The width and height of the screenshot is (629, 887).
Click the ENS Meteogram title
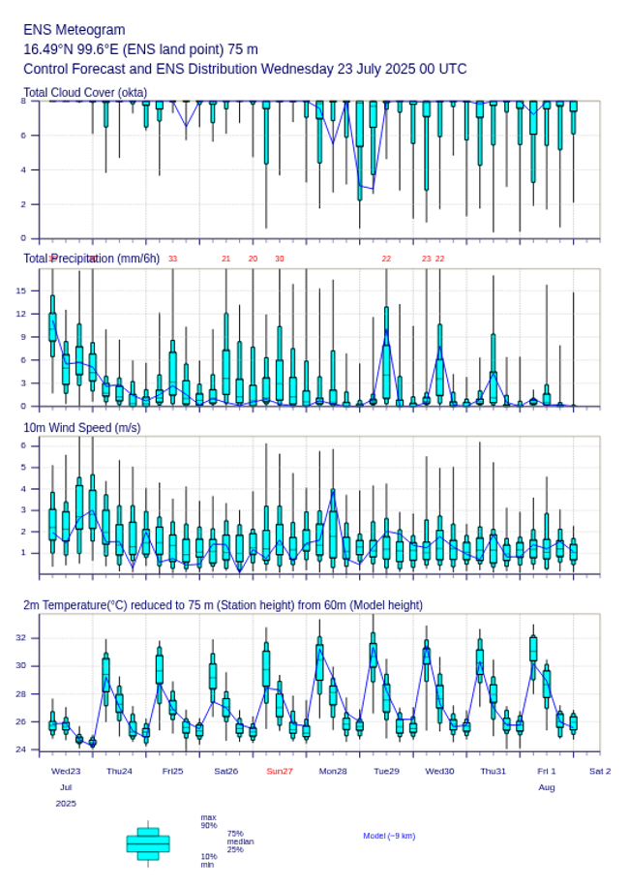[75, 30]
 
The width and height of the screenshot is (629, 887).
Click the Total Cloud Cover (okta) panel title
[85, 93]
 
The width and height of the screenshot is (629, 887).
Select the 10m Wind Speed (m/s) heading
[82, 428]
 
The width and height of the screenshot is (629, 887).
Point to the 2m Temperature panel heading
[223, 605]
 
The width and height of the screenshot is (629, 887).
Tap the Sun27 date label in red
[280, 771]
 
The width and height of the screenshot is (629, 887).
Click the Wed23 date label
[66, 771]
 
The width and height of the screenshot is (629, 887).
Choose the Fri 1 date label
[547, 771]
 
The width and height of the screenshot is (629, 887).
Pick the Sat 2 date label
[600, 771]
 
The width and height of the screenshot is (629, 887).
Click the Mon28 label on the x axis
[333, 771]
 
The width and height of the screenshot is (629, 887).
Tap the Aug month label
[547, 787]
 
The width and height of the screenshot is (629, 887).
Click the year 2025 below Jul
[66, 804]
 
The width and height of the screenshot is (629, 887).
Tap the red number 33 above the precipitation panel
[172, 259]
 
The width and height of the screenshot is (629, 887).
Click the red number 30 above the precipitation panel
[280, 259]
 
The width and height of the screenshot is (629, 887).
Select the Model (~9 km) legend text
[389, 836]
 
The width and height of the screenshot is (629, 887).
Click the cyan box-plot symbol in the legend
[148, 843]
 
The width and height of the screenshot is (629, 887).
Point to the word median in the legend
[241, 841]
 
